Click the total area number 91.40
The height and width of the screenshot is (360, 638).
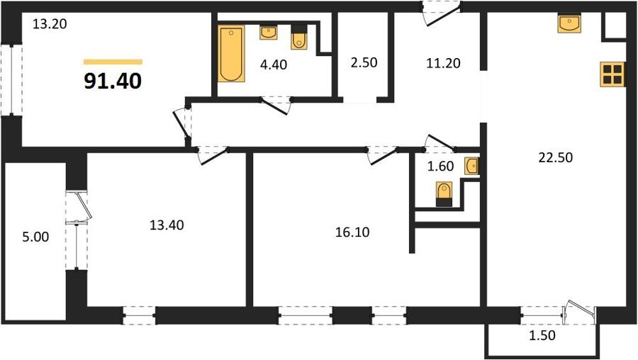(113, 81)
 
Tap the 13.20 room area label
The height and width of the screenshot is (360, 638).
(50, 24)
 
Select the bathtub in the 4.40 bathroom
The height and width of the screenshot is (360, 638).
(231, 54)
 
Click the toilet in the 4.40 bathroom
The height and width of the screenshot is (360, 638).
(299, 38)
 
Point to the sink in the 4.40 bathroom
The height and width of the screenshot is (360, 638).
(269, 32)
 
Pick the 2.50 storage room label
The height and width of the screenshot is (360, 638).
(364, 62)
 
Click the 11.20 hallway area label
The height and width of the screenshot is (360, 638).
(443, 63)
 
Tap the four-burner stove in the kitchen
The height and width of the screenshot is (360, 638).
(612, 74)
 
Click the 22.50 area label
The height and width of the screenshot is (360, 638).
(555, 157)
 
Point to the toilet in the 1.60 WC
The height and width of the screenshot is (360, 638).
(444, 194)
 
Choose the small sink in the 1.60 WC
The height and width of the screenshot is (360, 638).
(472, 166)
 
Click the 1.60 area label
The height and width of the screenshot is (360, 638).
(440, 166)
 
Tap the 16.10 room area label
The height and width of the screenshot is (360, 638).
(352, 232)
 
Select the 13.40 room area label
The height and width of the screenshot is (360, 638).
(167, 225)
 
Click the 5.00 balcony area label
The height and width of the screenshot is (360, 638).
(35, 237)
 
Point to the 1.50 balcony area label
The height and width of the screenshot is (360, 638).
(542, 336)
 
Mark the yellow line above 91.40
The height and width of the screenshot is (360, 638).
(113, 62)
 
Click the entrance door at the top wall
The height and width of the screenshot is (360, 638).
(441, 15)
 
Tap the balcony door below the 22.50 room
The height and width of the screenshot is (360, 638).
(580, 313)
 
